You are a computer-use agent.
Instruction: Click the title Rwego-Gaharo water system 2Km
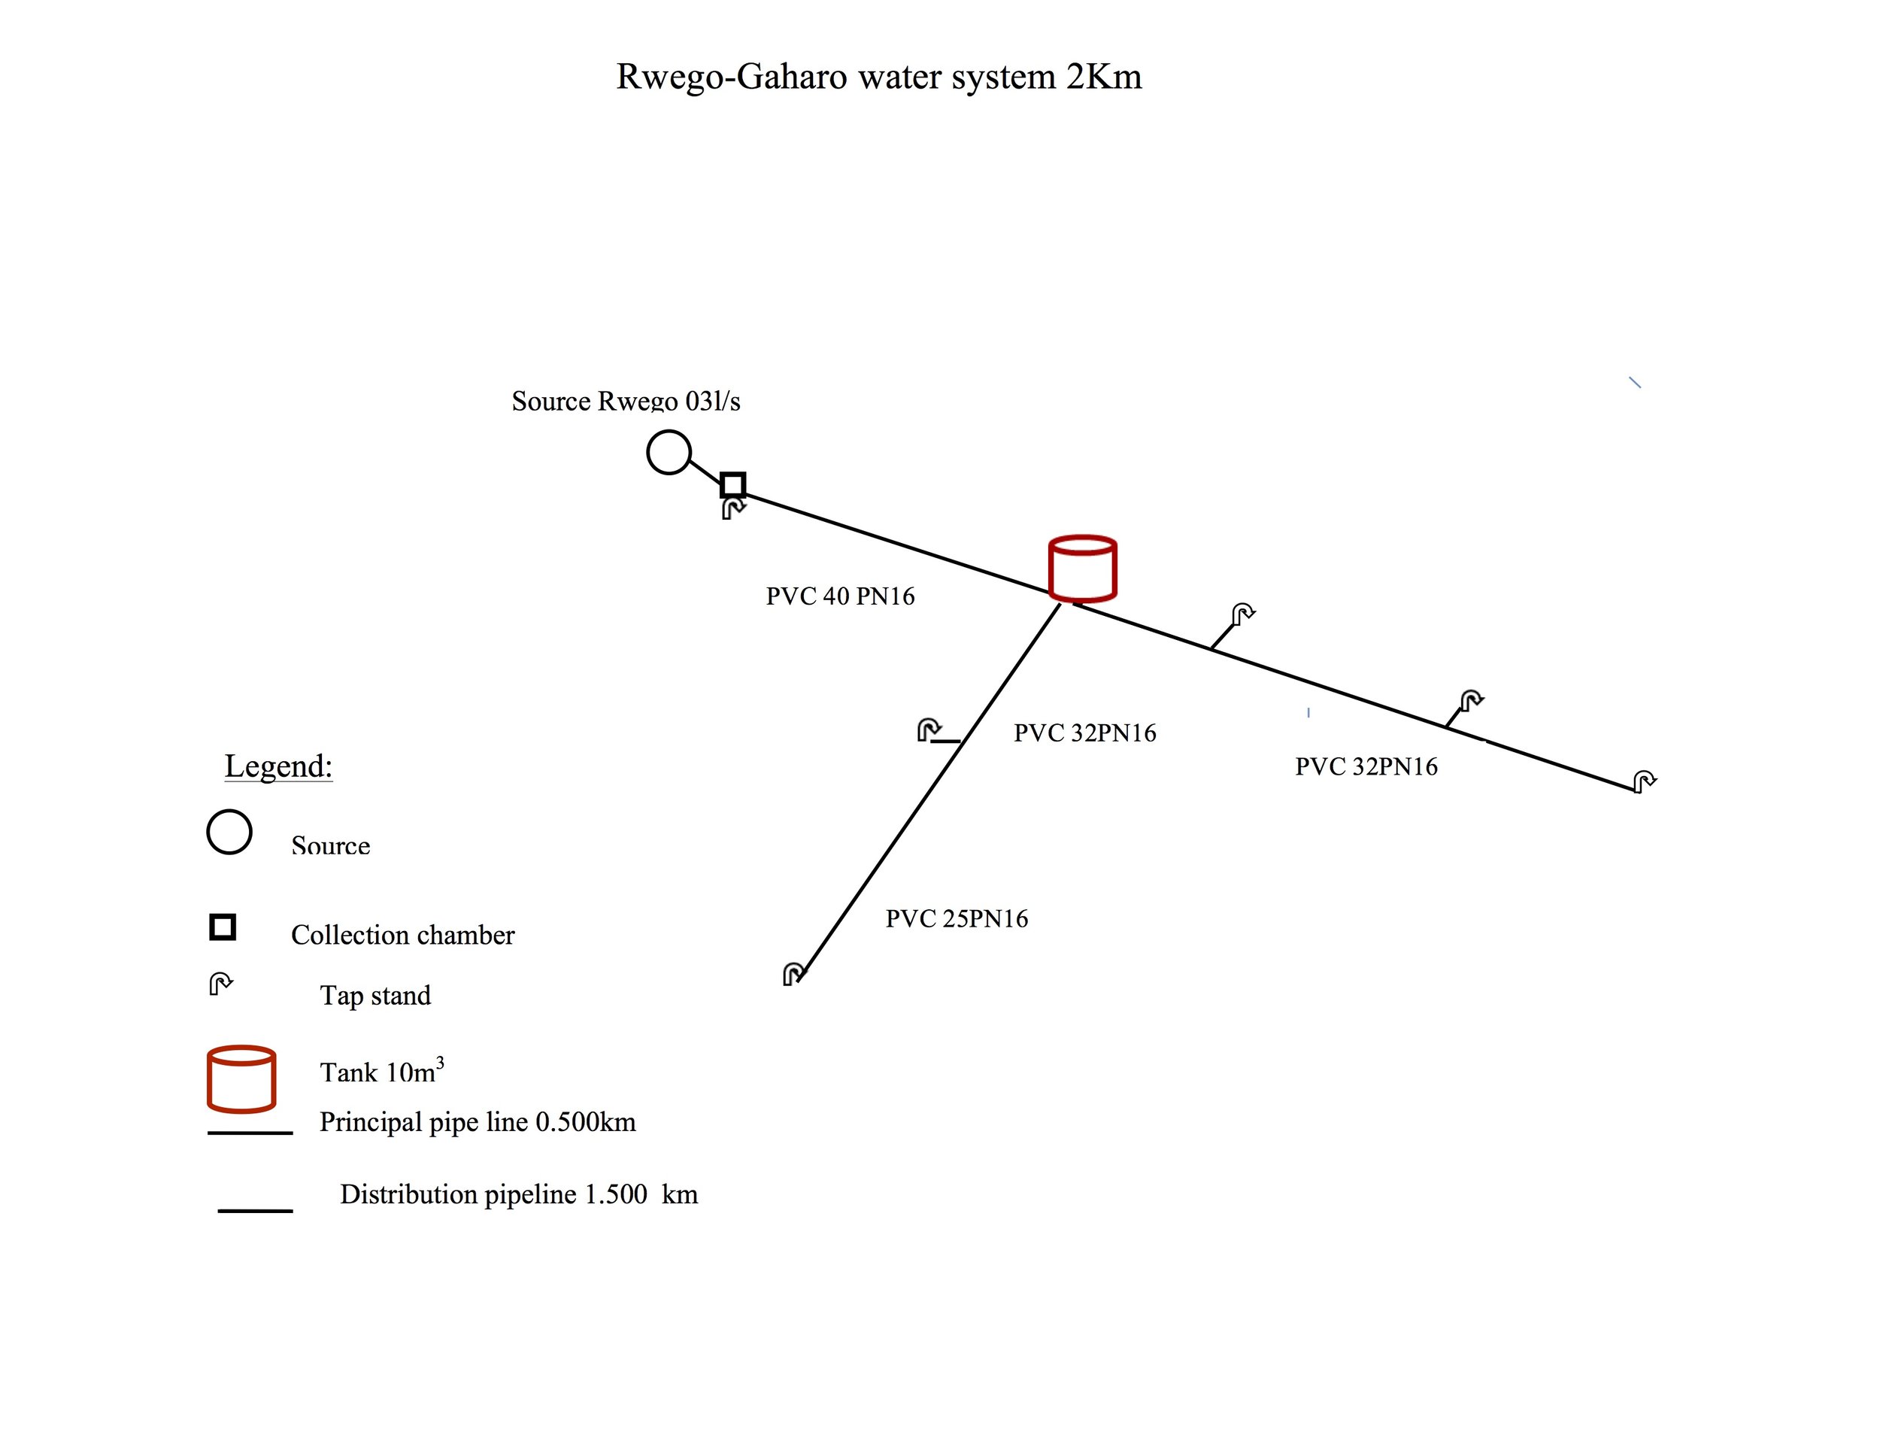[x=879, y=77]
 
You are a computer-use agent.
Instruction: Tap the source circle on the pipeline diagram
[x=669, y=452]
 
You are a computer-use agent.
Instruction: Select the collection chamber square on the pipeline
[x=732, y=484]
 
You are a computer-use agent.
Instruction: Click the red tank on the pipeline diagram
[x=1082, y=569]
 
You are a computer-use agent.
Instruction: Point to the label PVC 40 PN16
[x=840, y=596]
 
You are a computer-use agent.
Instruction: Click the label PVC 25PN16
[x=957, y=918]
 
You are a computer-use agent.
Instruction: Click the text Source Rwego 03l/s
[x=626, y=401]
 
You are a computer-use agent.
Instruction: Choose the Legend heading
[x=278, y=766]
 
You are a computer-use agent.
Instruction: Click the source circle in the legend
[x=229, y=832]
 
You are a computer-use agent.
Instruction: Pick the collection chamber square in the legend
[x=223, y=927]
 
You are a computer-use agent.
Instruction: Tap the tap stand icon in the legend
[x=220, y=984]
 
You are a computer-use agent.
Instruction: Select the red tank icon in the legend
[x=241, y=1078]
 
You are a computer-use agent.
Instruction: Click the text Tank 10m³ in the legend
[x=381, y=1072]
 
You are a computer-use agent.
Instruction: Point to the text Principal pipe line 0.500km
[x=478, y=1121]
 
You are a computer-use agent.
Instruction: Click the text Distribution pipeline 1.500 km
[x=518, y=1194]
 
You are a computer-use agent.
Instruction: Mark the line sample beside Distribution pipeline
[x=255, y=1210]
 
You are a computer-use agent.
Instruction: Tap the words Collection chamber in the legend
[x=402, y=935]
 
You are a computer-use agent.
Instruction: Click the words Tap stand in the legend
[x=375, y=995]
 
